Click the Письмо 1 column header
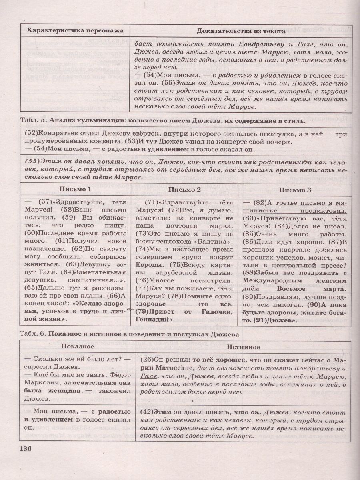[x=76, y=189]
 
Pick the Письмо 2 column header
[x=185, y=189]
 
